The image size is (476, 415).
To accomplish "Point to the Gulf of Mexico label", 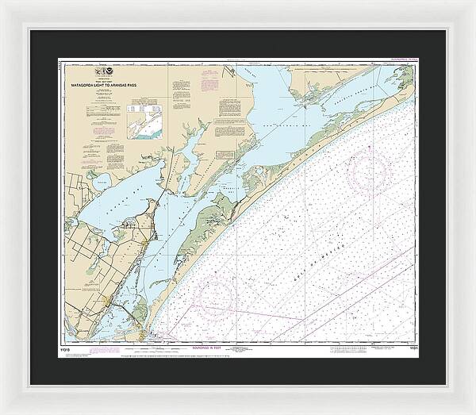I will (367, 209).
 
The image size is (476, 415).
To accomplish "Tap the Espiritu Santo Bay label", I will (349, 99).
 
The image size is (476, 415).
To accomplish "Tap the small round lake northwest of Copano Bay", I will (100, 183).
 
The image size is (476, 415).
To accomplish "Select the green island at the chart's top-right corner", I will (405, 75).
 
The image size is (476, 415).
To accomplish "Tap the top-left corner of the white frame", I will (5, 5).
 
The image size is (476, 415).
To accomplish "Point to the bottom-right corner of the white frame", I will (470, 409).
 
